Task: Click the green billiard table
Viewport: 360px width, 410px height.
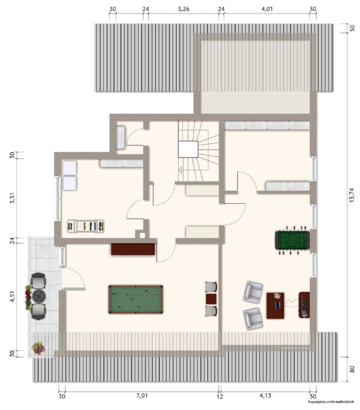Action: point(136,299)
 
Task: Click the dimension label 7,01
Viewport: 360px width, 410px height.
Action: point(141,396)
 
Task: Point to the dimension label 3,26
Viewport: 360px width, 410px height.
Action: point(183,8)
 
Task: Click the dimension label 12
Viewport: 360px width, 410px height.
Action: point(220,396)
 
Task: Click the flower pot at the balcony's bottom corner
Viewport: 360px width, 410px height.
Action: point(38,348)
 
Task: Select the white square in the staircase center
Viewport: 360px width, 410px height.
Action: point(188,149)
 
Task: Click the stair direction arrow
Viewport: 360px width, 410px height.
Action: point(180,169)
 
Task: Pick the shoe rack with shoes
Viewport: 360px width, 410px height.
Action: point(86,225)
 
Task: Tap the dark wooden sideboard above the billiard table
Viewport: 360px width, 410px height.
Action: point(134,249)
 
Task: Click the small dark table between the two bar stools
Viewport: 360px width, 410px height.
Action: point(211,298)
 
